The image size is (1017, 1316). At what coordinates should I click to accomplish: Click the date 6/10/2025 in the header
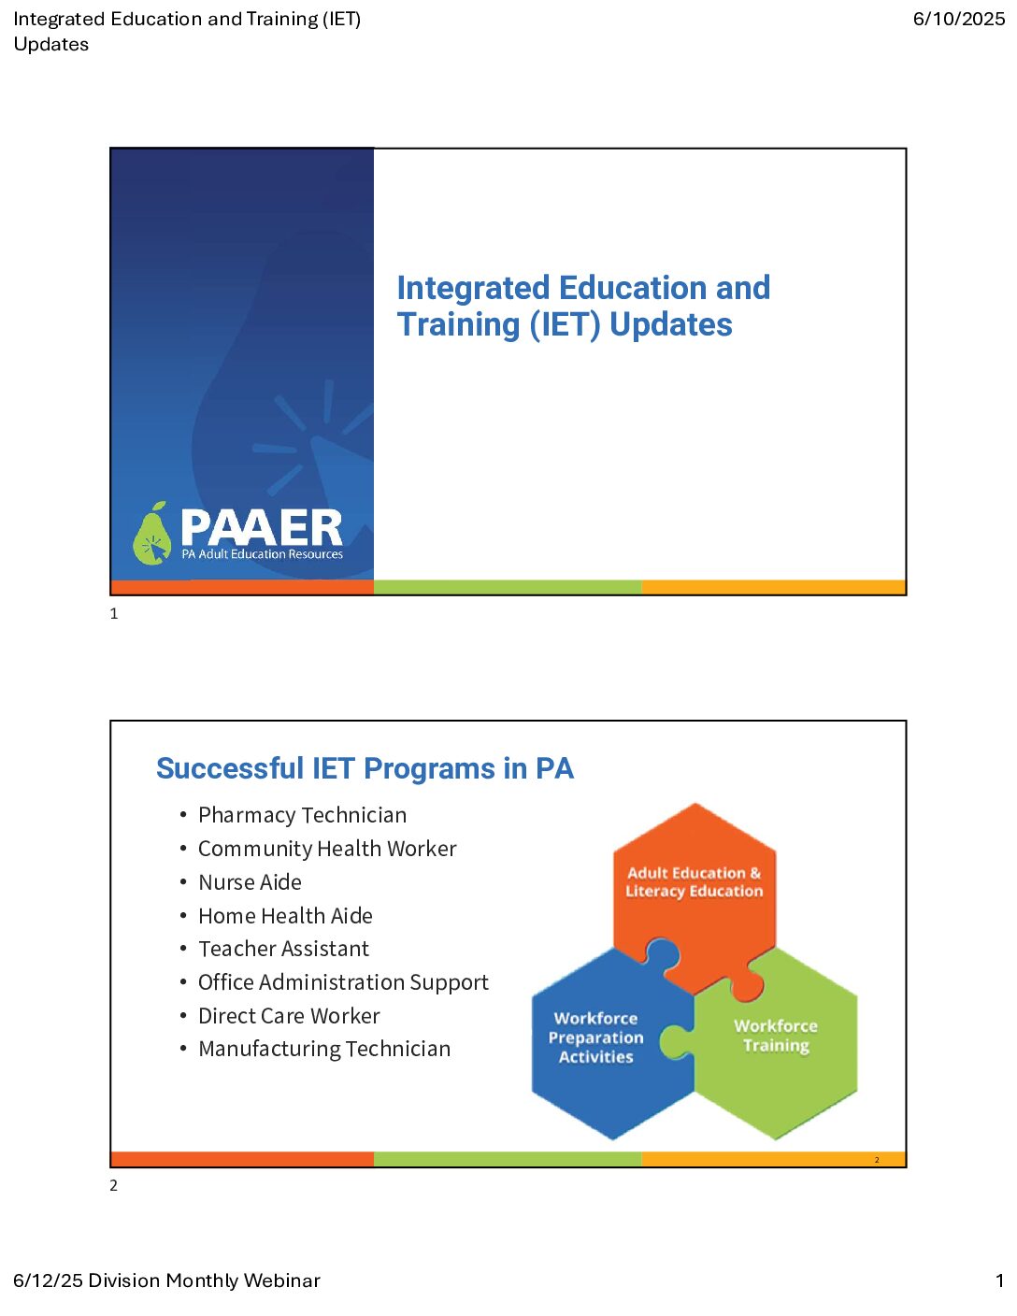(958, 19)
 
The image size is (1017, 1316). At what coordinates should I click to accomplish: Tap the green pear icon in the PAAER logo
(152, 533)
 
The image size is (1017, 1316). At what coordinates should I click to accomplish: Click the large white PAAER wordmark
(262, 527)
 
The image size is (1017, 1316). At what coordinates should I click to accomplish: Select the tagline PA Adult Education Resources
(263, 553)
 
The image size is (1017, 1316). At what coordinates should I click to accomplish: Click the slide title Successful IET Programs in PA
(365, 768)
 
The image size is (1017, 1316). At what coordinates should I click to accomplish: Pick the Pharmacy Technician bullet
(302, 815)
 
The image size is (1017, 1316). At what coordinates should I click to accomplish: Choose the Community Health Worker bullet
(327, 849)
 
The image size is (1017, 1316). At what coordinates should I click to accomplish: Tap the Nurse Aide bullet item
(250, 881)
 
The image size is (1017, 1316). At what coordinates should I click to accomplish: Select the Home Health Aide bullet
(285, 916)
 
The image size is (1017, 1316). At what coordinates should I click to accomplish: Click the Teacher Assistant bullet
(283, 949)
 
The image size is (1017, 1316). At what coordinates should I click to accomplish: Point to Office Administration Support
(343, 982)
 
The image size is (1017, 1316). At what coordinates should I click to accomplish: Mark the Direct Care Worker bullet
(289, 1016)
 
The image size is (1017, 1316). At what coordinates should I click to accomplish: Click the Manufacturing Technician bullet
(324, 1049)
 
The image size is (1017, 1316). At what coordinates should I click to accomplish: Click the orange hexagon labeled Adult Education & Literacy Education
(695, 890)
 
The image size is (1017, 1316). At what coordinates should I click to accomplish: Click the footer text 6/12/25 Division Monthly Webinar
(166, 1280)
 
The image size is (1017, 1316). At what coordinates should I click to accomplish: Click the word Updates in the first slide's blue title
(670, 324)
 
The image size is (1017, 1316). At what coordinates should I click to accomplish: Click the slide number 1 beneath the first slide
(114, 614)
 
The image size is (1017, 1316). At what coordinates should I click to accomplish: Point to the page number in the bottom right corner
(999, 1280)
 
